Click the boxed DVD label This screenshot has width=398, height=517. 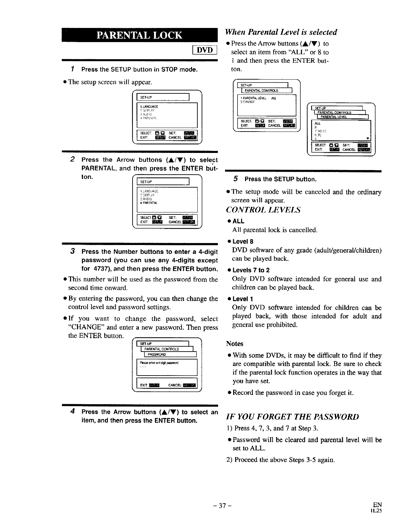[205, 50]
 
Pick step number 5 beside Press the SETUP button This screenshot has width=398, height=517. [236, 179]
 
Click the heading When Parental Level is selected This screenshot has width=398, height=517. [281, 32]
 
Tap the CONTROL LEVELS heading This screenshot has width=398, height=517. [263, 210]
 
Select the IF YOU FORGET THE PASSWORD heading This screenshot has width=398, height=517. [292, 417]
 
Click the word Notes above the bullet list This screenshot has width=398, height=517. [235, 344]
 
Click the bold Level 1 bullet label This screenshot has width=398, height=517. [242, 299]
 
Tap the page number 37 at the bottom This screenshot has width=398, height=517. [223, 506]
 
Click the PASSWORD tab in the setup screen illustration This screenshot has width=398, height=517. [157, 354]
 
